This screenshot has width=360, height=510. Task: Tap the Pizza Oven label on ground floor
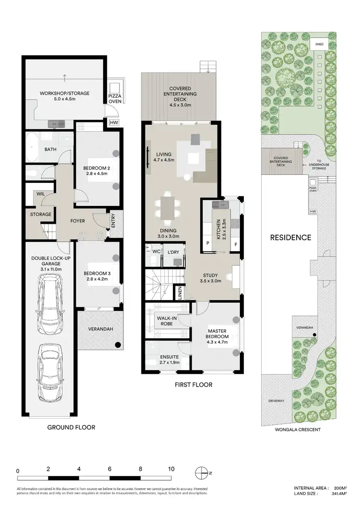click(114, 97)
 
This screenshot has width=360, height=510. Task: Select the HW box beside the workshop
click(114, 123)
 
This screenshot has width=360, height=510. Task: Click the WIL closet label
click(37, 194)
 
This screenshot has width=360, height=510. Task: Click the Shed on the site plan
click(318, 44)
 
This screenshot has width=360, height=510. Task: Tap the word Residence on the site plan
click(290, 237)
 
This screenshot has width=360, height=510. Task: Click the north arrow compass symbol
click(202, 471)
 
